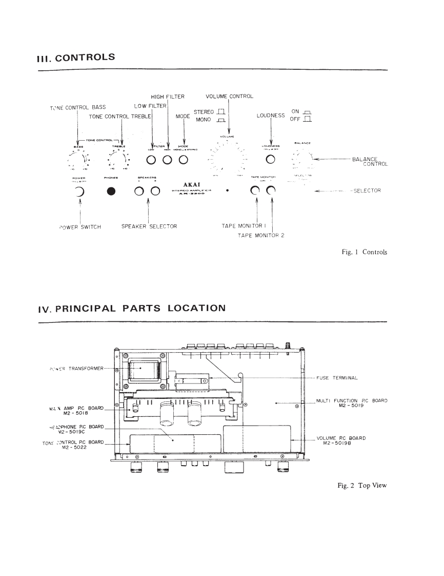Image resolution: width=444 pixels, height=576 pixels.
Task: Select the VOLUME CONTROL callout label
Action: click(x=229, y=97)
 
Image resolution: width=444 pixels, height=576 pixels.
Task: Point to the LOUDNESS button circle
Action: click(x=270, y=159)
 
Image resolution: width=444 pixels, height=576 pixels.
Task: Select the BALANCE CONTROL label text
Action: click(x=370, y=162)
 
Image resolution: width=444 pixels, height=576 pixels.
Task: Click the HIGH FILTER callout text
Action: click(x=168, y=97)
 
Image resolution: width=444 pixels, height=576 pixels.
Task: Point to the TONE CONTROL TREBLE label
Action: click(x=119, y=117)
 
